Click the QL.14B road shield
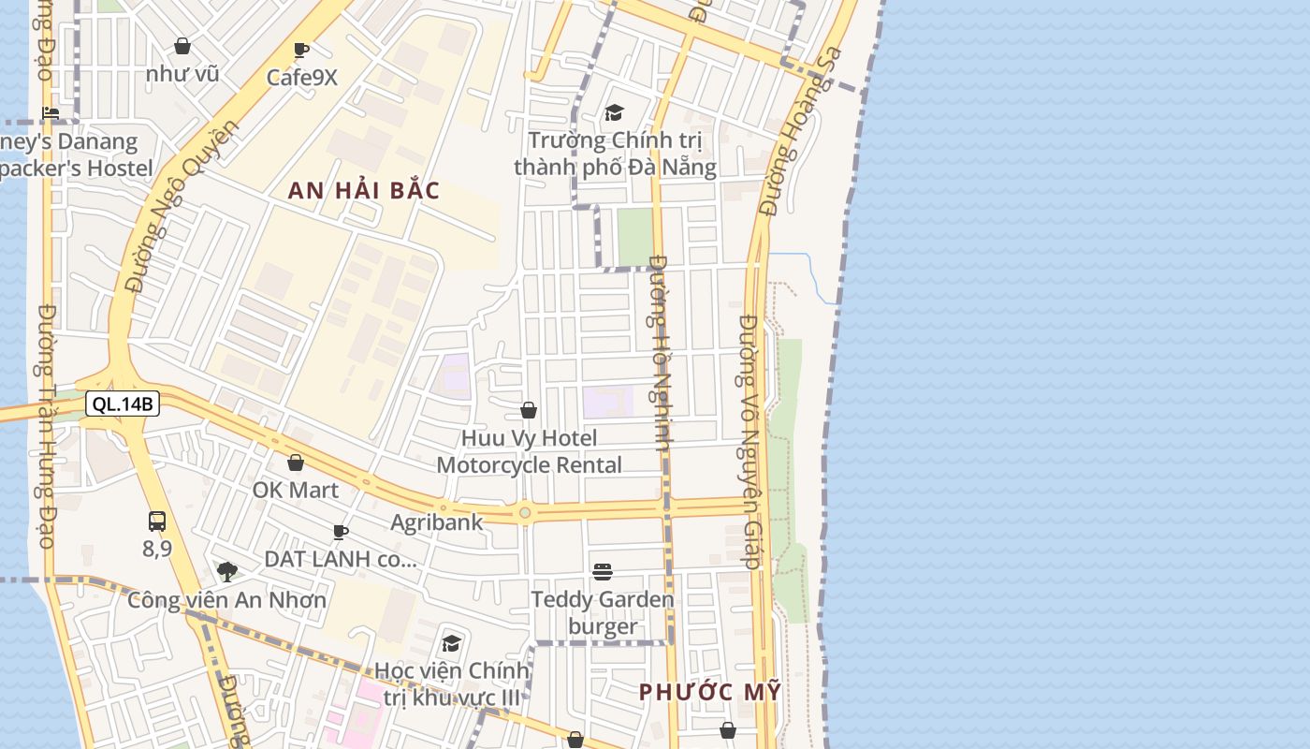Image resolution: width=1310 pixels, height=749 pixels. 123,404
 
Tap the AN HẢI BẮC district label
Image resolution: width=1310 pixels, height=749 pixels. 364,191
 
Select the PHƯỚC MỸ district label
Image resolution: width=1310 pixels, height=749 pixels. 709,693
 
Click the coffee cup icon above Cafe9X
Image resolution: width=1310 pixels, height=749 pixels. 300,51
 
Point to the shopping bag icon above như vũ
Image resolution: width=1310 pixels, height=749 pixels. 182,46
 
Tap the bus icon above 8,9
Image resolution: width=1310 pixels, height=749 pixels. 157,521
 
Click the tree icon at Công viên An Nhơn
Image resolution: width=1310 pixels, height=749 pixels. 226,571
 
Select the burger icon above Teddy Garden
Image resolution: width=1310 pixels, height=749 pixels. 603,571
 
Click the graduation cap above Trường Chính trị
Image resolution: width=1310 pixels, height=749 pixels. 614,113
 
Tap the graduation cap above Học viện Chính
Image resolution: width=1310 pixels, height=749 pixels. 452,643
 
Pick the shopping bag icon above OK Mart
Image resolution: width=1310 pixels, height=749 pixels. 296,463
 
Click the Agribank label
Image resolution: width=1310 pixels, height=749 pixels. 437,522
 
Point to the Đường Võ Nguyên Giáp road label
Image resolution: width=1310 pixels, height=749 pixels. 750,440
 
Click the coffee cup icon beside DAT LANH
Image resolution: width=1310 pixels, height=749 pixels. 341,533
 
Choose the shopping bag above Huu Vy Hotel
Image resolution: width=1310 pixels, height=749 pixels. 529,410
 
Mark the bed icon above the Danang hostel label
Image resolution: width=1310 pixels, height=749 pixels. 51,113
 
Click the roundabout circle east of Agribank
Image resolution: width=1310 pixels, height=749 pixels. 525,512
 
